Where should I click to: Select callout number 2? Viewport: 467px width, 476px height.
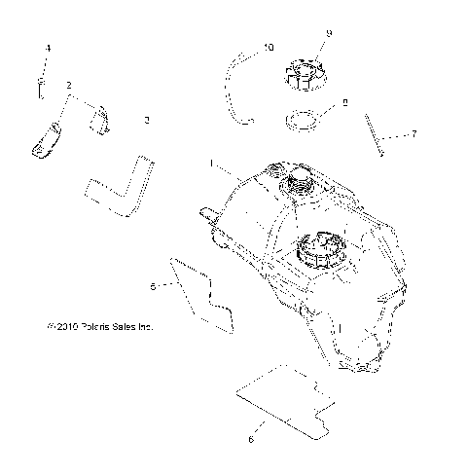click(70, 87)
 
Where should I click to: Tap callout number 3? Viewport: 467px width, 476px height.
click(146, 120)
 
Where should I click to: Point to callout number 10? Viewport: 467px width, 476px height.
click(269, 47)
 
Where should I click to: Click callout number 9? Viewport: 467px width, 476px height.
click(329, 33)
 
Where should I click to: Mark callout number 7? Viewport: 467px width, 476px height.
click(413, 133)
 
